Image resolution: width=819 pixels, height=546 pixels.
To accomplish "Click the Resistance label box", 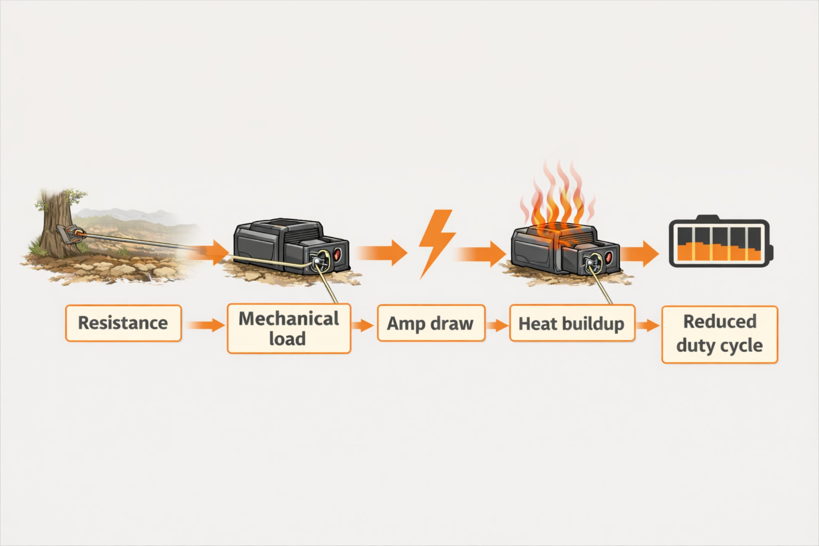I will point(123,323).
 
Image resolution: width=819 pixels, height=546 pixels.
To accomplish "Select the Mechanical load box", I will point(289,329).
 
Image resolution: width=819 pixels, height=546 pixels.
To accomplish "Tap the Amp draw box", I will point(431,323).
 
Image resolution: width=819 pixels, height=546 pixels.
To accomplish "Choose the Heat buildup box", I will point(571,323).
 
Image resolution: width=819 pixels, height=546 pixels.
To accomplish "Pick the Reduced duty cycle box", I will point(719,334).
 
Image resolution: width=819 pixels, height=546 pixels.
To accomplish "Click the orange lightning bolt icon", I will point(437,242).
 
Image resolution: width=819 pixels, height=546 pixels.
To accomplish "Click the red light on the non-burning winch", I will point(337,255).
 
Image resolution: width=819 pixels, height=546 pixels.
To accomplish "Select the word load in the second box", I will point(287,339).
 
